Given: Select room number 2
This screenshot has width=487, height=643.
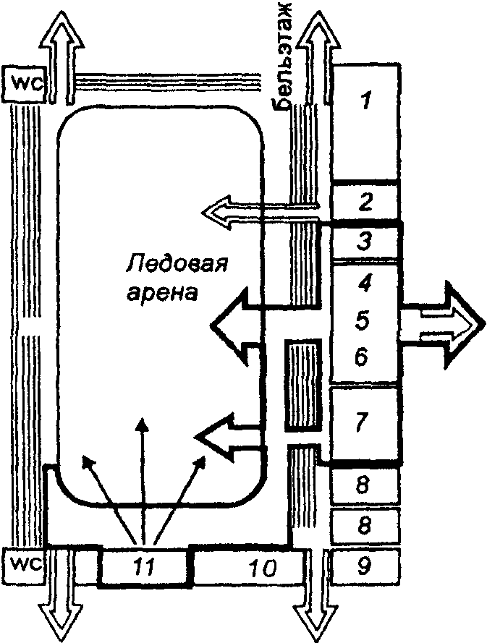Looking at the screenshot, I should (365, 201).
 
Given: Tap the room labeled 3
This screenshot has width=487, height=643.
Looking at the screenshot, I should (365, 241).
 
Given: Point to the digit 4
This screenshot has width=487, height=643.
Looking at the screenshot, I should (365, 282).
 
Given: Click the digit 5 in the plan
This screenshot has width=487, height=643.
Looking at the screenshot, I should (365, 319).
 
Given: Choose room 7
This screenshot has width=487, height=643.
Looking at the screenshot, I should (365, 422).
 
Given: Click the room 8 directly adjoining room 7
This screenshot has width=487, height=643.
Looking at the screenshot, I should (365, 485).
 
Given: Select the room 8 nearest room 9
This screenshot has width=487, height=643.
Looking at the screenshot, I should (365, 524).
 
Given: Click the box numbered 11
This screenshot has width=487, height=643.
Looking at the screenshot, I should (143, 568).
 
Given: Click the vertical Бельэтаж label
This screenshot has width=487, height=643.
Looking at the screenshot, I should (284, 54).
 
